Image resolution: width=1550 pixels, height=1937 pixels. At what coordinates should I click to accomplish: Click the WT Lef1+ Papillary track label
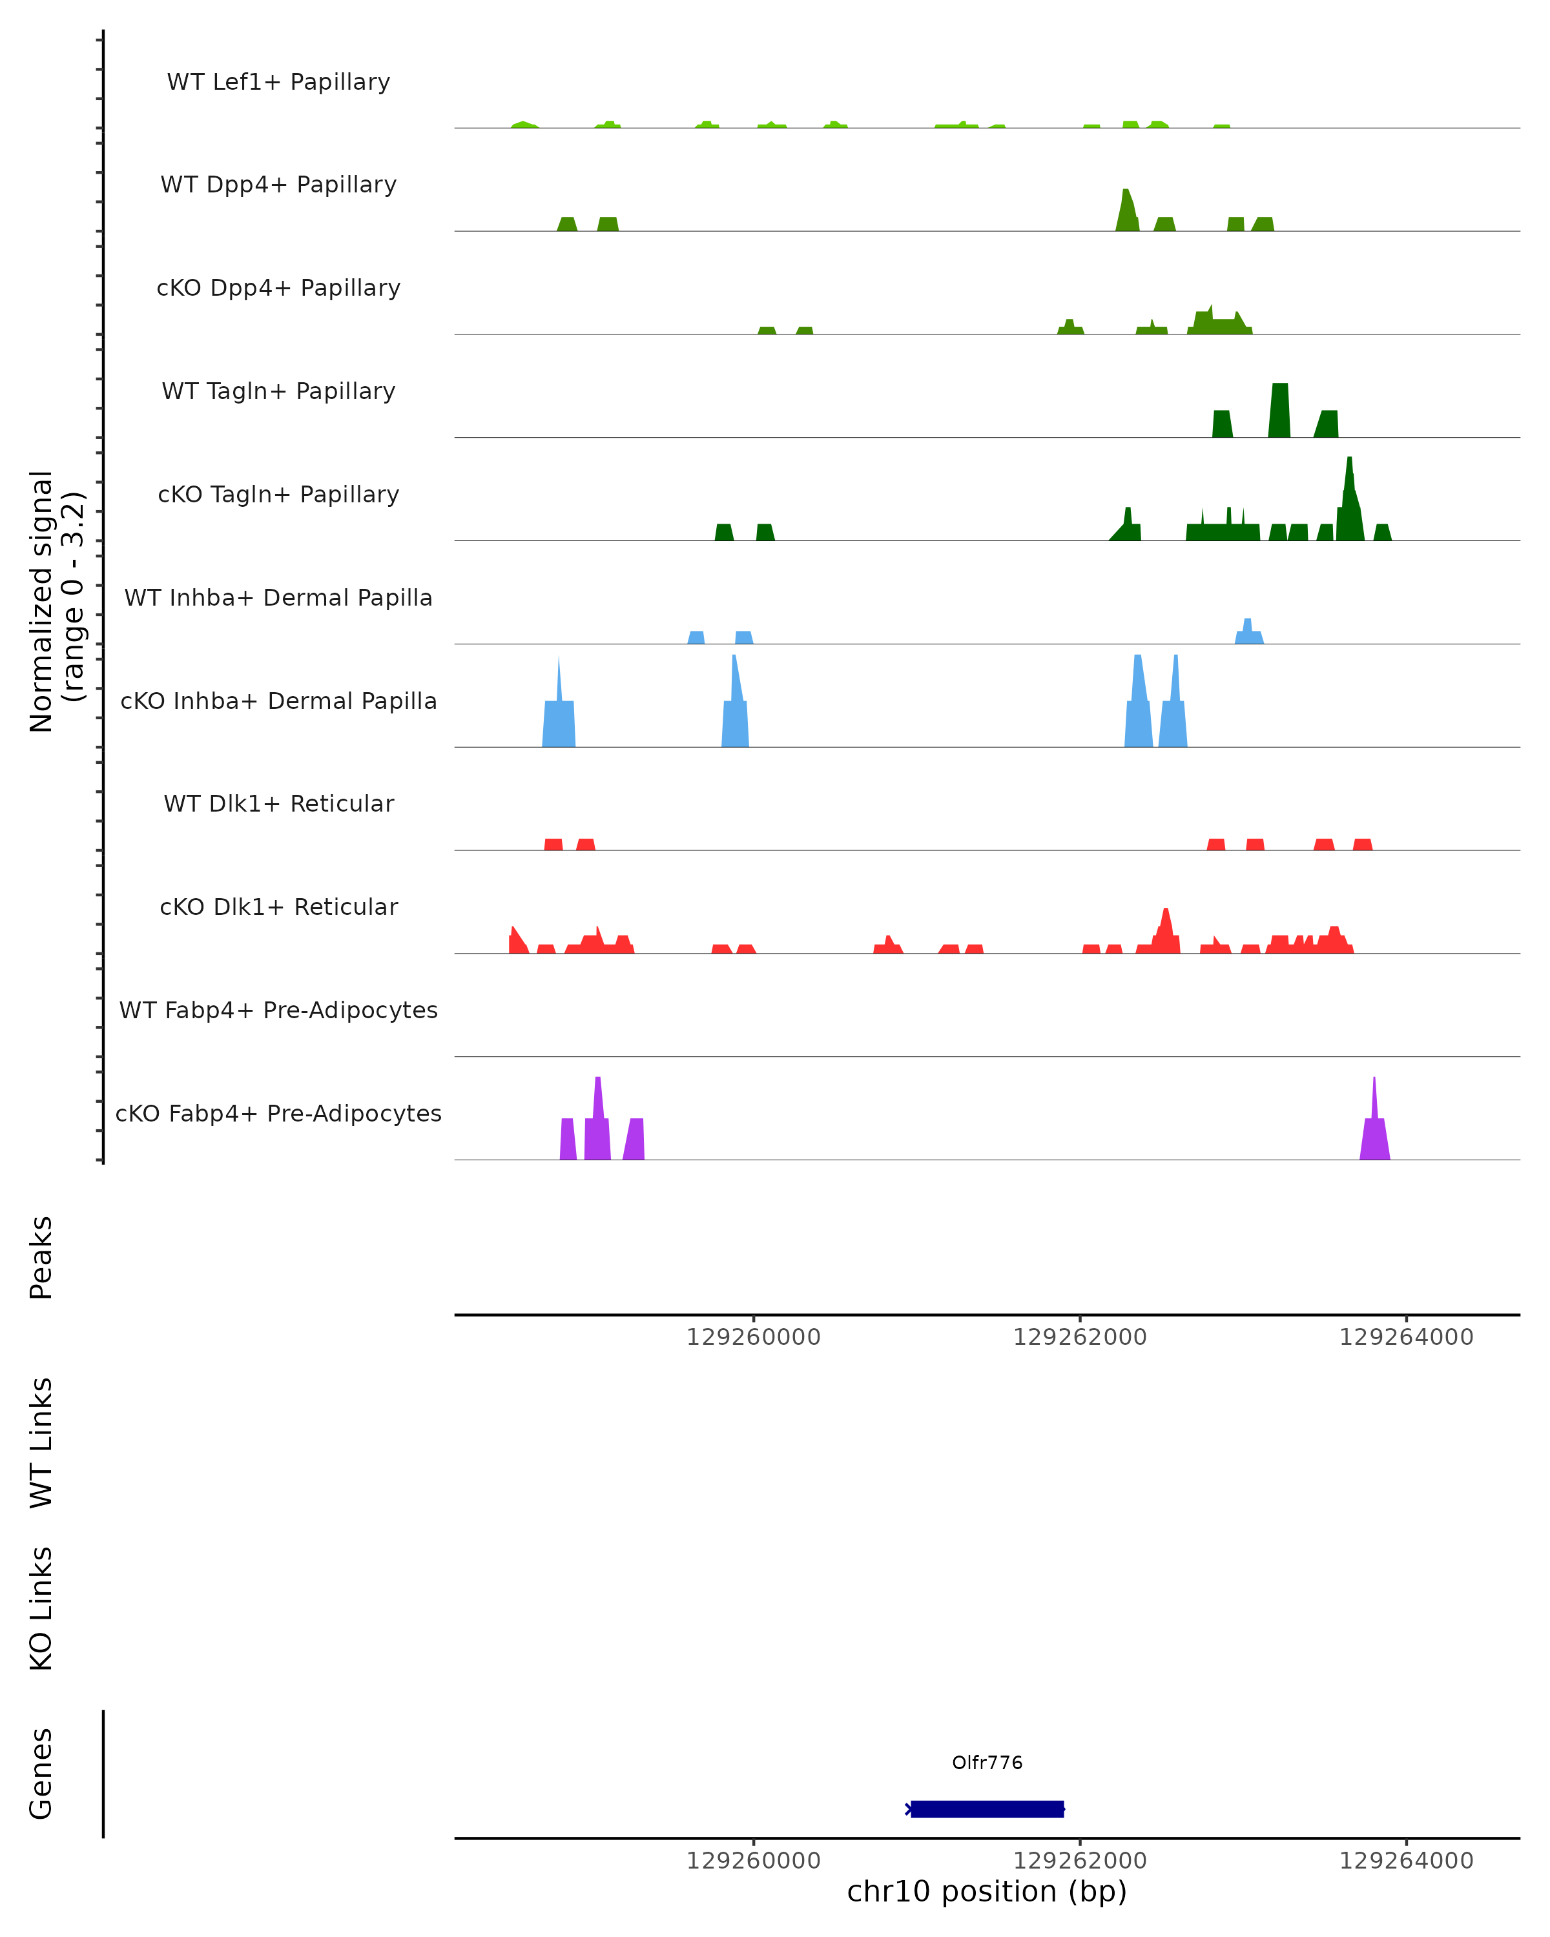pos(278,82)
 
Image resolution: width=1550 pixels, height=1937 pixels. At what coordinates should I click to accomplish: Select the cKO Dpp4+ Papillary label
pos(278,289)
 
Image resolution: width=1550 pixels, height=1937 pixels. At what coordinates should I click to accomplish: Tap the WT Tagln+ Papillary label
pos(278,392)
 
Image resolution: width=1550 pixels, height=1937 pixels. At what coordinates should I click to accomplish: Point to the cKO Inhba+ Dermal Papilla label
pos(278,702)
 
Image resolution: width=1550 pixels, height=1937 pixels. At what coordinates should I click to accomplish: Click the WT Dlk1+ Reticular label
pos(278,804)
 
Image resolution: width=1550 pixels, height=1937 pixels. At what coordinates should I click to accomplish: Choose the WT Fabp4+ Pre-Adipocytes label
pos(278,1010)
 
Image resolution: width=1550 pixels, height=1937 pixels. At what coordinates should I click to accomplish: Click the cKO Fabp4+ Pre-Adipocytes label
pos(278,1114)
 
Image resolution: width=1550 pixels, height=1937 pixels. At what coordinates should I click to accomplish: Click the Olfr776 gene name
pos(987,1763)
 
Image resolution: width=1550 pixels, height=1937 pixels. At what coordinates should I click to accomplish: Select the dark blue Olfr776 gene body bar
pos(987,1809)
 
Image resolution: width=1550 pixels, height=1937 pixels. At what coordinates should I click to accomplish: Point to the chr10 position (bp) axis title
pos(987,1891)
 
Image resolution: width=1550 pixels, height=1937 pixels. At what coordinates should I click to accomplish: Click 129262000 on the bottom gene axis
pos(1079,1861)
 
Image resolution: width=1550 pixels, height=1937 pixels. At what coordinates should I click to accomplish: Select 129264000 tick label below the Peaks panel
pos(1406,1337)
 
